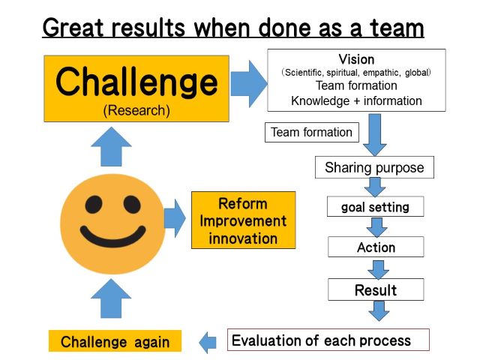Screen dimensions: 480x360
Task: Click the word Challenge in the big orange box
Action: tap(136, 82)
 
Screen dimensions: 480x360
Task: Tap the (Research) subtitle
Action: tap(136, 110)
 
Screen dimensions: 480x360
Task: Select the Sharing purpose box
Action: tap(374, 167)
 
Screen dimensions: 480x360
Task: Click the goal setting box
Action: tap(375, 207)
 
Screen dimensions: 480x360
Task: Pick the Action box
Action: tap(376, 247)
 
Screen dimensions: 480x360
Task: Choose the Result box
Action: tap(376, 289)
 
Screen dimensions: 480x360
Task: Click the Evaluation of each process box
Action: tap(328, 340)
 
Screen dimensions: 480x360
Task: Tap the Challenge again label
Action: tap(115, 341)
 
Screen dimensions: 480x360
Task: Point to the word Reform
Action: tap(243, 204)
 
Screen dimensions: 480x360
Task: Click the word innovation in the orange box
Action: tap(243, 238)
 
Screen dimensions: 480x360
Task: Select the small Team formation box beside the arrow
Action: tap(312, 132)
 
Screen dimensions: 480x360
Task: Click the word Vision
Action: tap(356, 59)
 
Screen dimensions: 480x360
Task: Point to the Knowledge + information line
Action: tap(356, 100)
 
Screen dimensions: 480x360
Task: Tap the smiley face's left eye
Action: tap(94, 205)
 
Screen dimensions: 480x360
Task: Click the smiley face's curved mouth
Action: tap(112, 236)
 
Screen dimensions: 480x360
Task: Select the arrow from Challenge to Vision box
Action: tap(249, 84)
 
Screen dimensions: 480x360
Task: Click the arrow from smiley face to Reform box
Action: tap(175, 218)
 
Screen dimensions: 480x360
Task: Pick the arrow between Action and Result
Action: tap(378, 270)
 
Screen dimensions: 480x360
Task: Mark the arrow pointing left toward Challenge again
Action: tap(208, 342)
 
